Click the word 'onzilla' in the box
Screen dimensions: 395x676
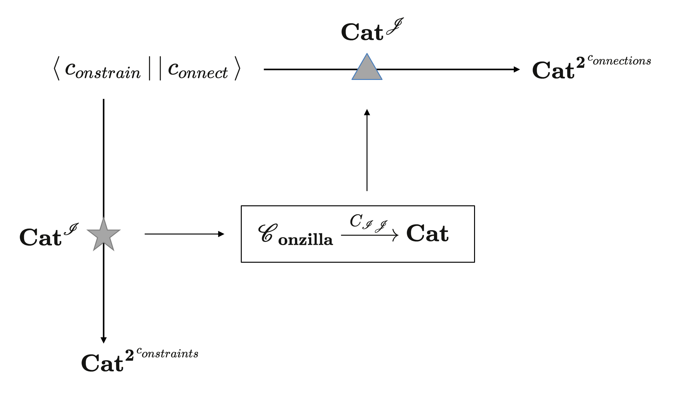click(x=305, y=240)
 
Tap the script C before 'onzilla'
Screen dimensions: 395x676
click(x=267, y=233)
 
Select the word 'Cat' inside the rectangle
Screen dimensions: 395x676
click(x=427, y=234)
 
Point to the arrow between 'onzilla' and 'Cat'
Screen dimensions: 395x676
click(x=369, y=235)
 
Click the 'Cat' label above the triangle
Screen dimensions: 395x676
click(x=362, y=32)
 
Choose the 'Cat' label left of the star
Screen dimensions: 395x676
click(x=40, y=237)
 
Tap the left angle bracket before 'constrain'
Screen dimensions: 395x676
click(x=56, y=69)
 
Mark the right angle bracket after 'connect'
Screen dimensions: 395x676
click(x=237, y=69)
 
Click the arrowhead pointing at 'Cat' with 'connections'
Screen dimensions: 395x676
click(x=516, y=69)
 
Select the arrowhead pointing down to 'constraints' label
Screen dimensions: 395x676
click(x=103, y=340)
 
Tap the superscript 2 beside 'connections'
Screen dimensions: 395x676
click(x=580, y=62)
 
